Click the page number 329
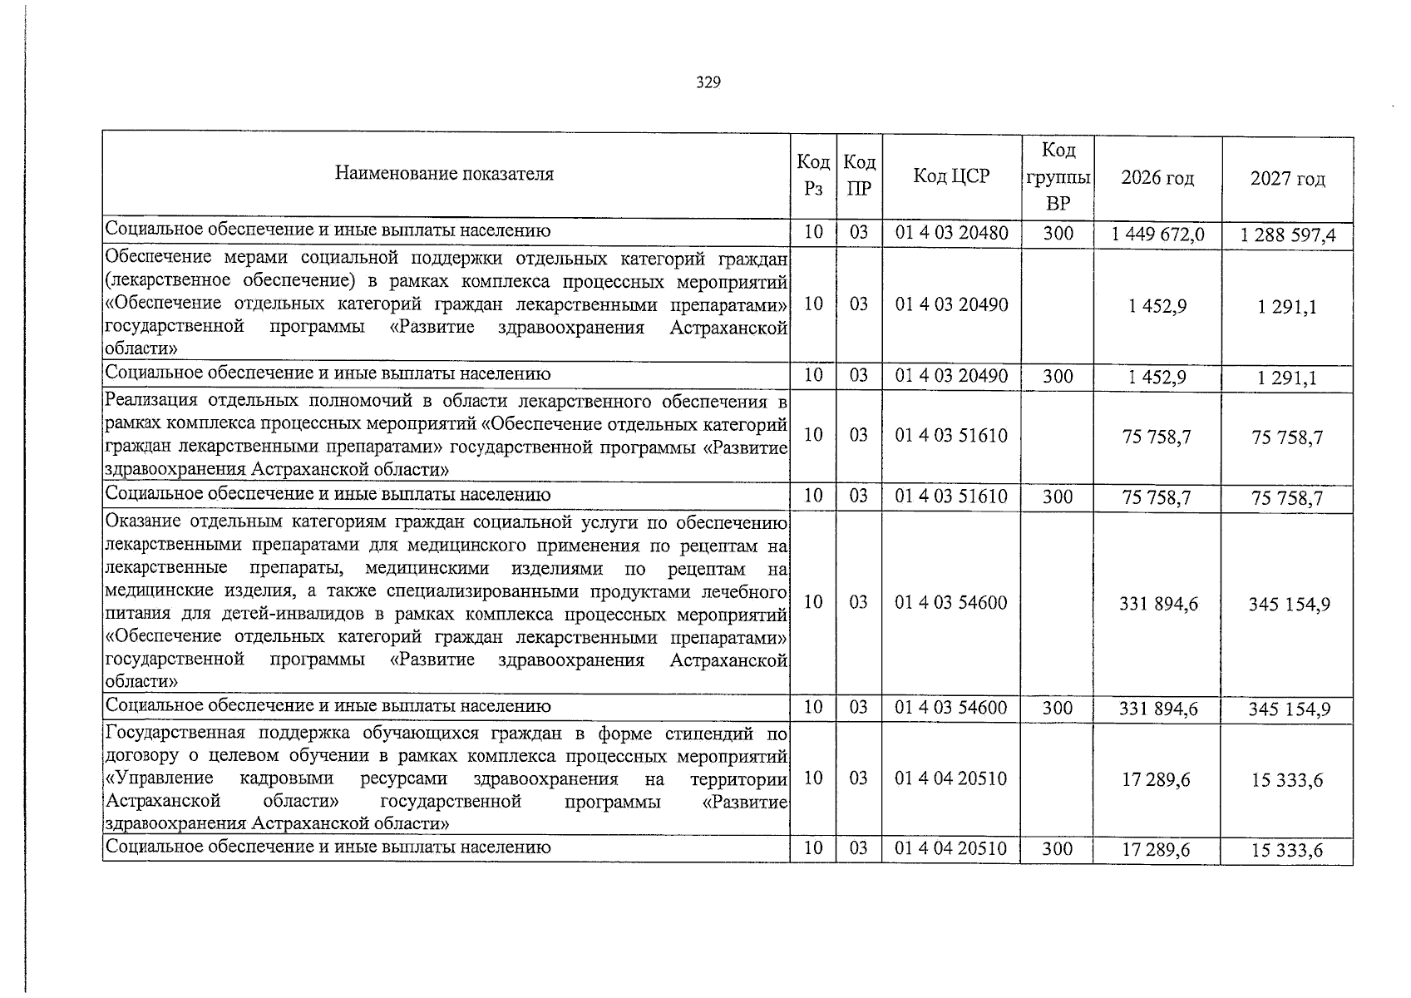[708, 82]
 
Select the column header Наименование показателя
[444, 174]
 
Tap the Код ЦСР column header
[951, 175]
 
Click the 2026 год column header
[1157, 177]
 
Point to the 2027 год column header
[1287, 178]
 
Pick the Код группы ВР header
[1058, 176]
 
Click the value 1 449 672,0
[1157, 235]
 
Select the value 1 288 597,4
[1287, 236]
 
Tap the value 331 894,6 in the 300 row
[1157, 709]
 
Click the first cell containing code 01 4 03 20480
[951, 233]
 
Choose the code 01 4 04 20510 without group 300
[951, 778]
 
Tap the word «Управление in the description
[160, 778]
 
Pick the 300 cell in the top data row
[1058, 234]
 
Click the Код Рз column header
[813, 175]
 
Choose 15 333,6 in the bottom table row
[1287, 850]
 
